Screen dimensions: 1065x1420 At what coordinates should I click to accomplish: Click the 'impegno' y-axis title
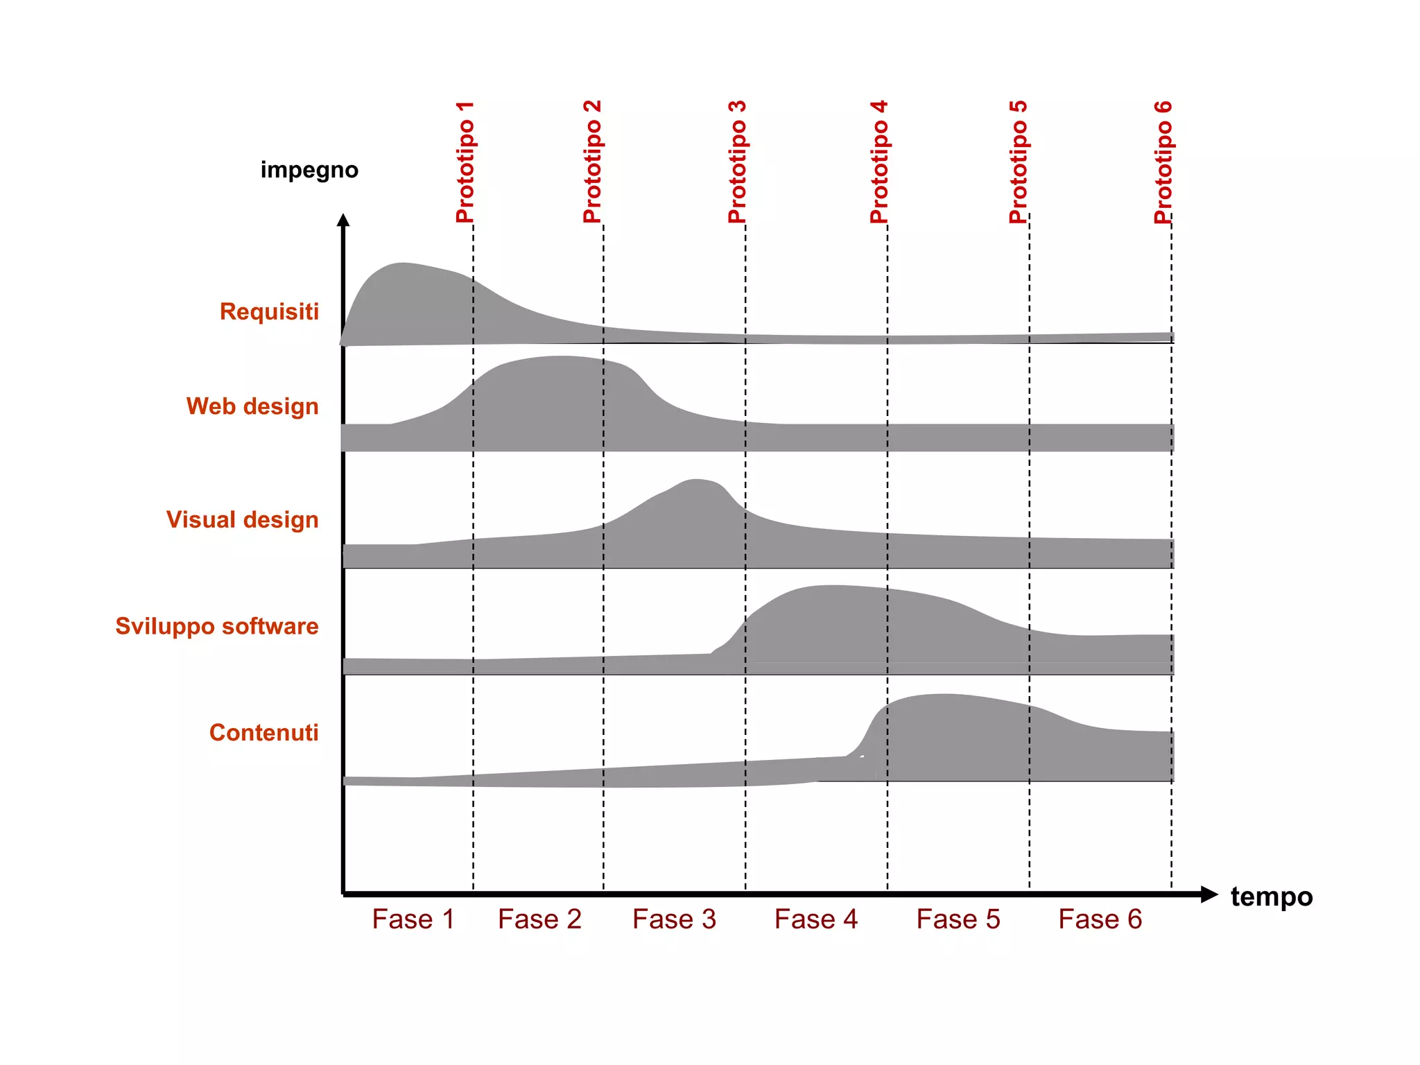point(309,170)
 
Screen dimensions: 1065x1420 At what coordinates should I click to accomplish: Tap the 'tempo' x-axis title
point(1271,897)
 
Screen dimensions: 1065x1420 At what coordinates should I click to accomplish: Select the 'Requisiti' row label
point(269,312)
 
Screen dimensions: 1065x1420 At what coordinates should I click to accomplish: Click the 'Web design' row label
point(252,406)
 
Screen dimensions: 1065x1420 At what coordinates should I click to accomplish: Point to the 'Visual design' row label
point(242,520)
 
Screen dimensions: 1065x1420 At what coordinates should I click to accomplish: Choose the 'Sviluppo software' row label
point(216,626)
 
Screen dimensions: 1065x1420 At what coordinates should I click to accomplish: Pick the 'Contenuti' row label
point(263,733)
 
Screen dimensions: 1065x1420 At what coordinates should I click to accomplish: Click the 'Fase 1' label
point(413,919)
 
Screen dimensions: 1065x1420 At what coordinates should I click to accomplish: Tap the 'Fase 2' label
point(539,919)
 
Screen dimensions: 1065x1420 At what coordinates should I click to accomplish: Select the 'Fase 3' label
point(674,919)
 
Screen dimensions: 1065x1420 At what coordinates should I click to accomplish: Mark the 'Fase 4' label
point(816,919)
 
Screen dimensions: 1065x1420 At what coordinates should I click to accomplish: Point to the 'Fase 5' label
point(958,919)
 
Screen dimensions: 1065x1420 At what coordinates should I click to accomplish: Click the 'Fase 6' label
point(1100,919)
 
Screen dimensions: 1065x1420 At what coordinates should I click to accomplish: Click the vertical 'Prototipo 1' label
point(465,162)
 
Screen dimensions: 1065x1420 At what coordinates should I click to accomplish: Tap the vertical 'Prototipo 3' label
point(737,162)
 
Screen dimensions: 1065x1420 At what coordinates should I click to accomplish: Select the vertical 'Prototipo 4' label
point(879,162)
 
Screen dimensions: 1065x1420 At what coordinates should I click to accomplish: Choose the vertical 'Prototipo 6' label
point(1163,162)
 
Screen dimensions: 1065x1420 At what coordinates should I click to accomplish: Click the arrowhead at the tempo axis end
point(1209,894)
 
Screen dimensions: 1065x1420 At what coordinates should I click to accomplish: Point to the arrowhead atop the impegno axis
point(343,220)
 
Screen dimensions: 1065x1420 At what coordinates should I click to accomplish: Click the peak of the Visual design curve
point(697,480)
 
